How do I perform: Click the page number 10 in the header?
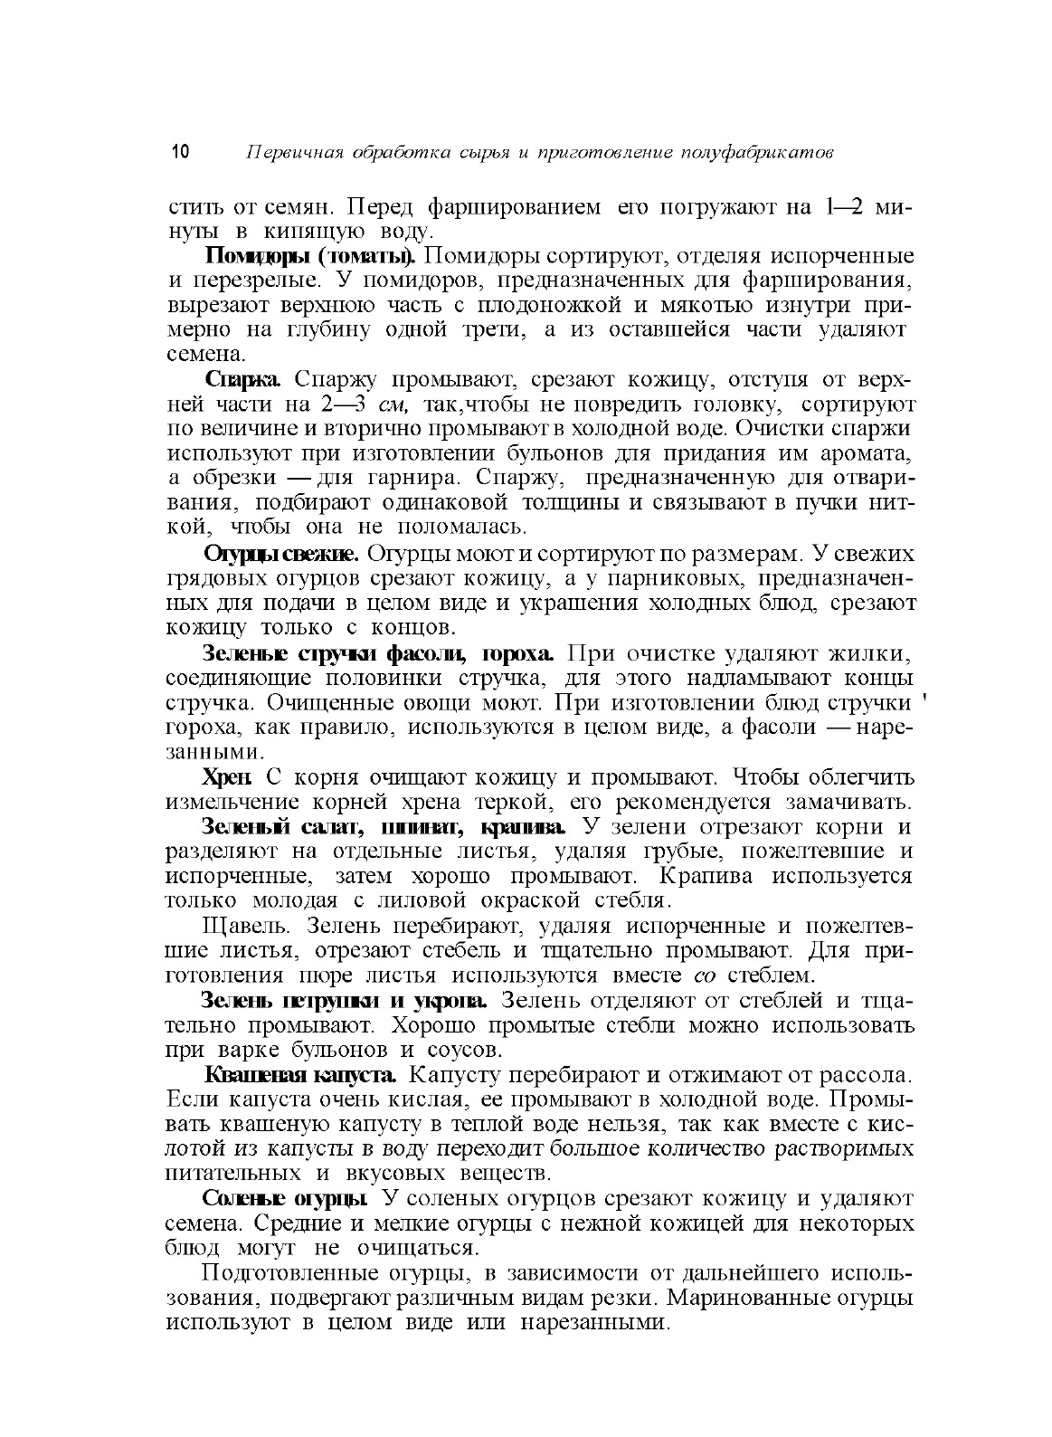coord(178,152)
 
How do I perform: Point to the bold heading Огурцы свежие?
coord(281,552)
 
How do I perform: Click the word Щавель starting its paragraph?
coord(248,926)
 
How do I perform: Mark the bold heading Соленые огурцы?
coord(285,1198)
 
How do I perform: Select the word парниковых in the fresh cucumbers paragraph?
coord(668,577)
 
